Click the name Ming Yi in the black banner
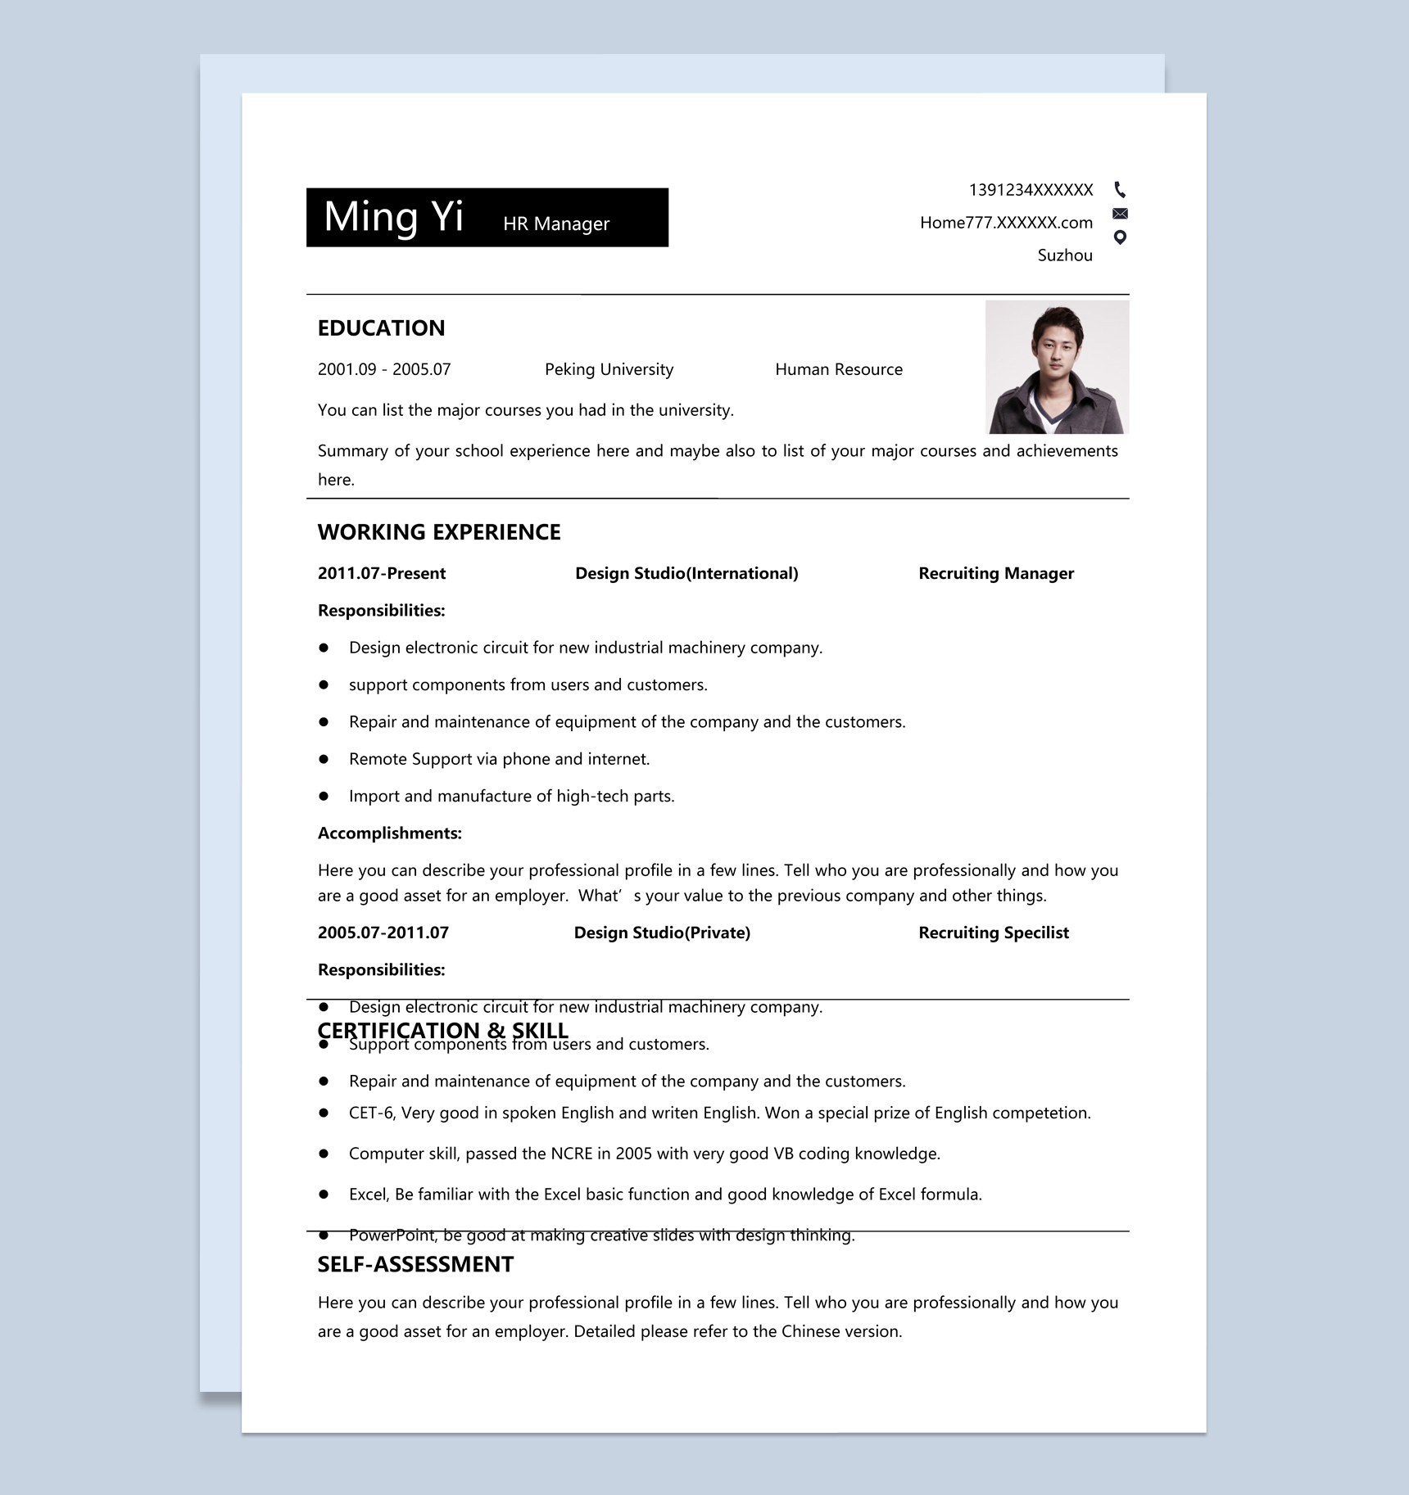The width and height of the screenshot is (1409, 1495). (393, 217)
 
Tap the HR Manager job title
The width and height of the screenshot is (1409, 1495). (556, 224)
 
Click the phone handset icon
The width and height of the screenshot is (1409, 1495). (1120, 190)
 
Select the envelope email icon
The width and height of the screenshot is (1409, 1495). (1120, 214)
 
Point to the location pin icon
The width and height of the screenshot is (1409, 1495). (1120, 237)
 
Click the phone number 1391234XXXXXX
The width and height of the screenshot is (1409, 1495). (1031, 190)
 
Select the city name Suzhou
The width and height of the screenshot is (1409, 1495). (1065, 255)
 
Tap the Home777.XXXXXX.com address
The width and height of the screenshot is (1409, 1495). (1006, 223)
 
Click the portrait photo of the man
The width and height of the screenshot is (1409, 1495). (1057, 367)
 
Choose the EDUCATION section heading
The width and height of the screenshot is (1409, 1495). (381, 328)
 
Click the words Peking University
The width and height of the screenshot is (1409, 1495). (609, 369)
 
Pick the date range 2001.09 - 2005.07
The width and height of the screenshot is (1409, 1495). (384, 369)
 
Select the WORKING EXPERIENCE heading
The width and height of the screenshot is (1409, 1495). (439, 532)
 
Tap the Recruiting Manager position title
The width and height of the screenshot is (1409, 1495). (995, 573)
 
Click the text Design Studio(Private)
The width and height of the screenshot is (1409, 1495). (662, 933)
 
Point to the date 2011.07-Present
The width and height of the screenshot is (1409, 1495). (382, 573)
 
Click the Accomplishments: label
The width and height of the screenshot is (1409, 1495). (390, 833)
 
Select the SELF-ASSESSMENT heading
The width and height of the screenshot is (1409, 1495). (415, 1264)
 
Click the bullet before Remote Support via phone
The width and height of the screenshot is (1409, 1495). (324, 759)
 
